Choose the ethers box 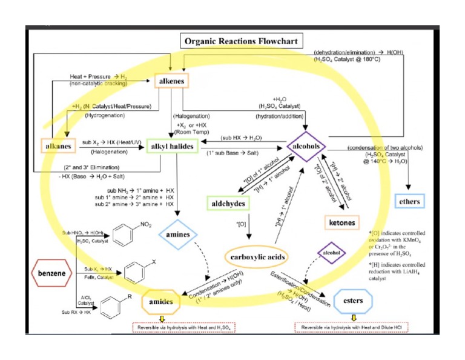410,201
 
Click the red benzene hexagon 52,273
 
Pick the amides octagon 160,301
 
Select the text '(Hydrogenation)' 90,113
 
